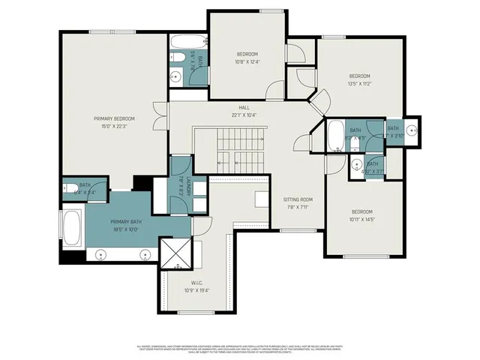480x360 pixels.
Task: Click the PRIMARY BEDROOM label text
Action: click(114, 118)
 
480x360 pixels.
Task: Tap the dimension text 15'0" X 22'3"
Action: click(114, 126)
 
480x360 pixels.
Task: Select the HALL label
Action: click(244, 108)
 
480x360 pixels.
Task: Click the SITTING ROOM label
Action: click(297, 199)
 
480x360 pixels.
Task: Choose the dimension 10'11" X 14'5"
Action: click(361, 218)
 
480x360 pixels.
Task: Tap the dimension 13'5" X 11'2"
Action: click(358, 83)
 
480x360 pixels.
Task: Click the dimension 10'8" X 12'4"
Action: click(247, 61)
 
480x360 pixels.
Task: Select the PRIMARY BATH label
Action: click(125, 222)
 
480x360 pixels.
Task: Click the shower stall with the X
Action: click(177, 253)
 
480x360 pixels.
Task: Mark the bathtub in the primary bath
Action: click(73, 227)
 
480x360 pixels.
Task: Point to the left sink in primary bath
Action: click(101, 255)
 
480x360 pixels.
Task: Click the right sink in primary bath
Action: click(145, 255)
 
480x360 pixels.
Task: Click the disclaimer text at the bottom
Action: click(240, 349)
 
